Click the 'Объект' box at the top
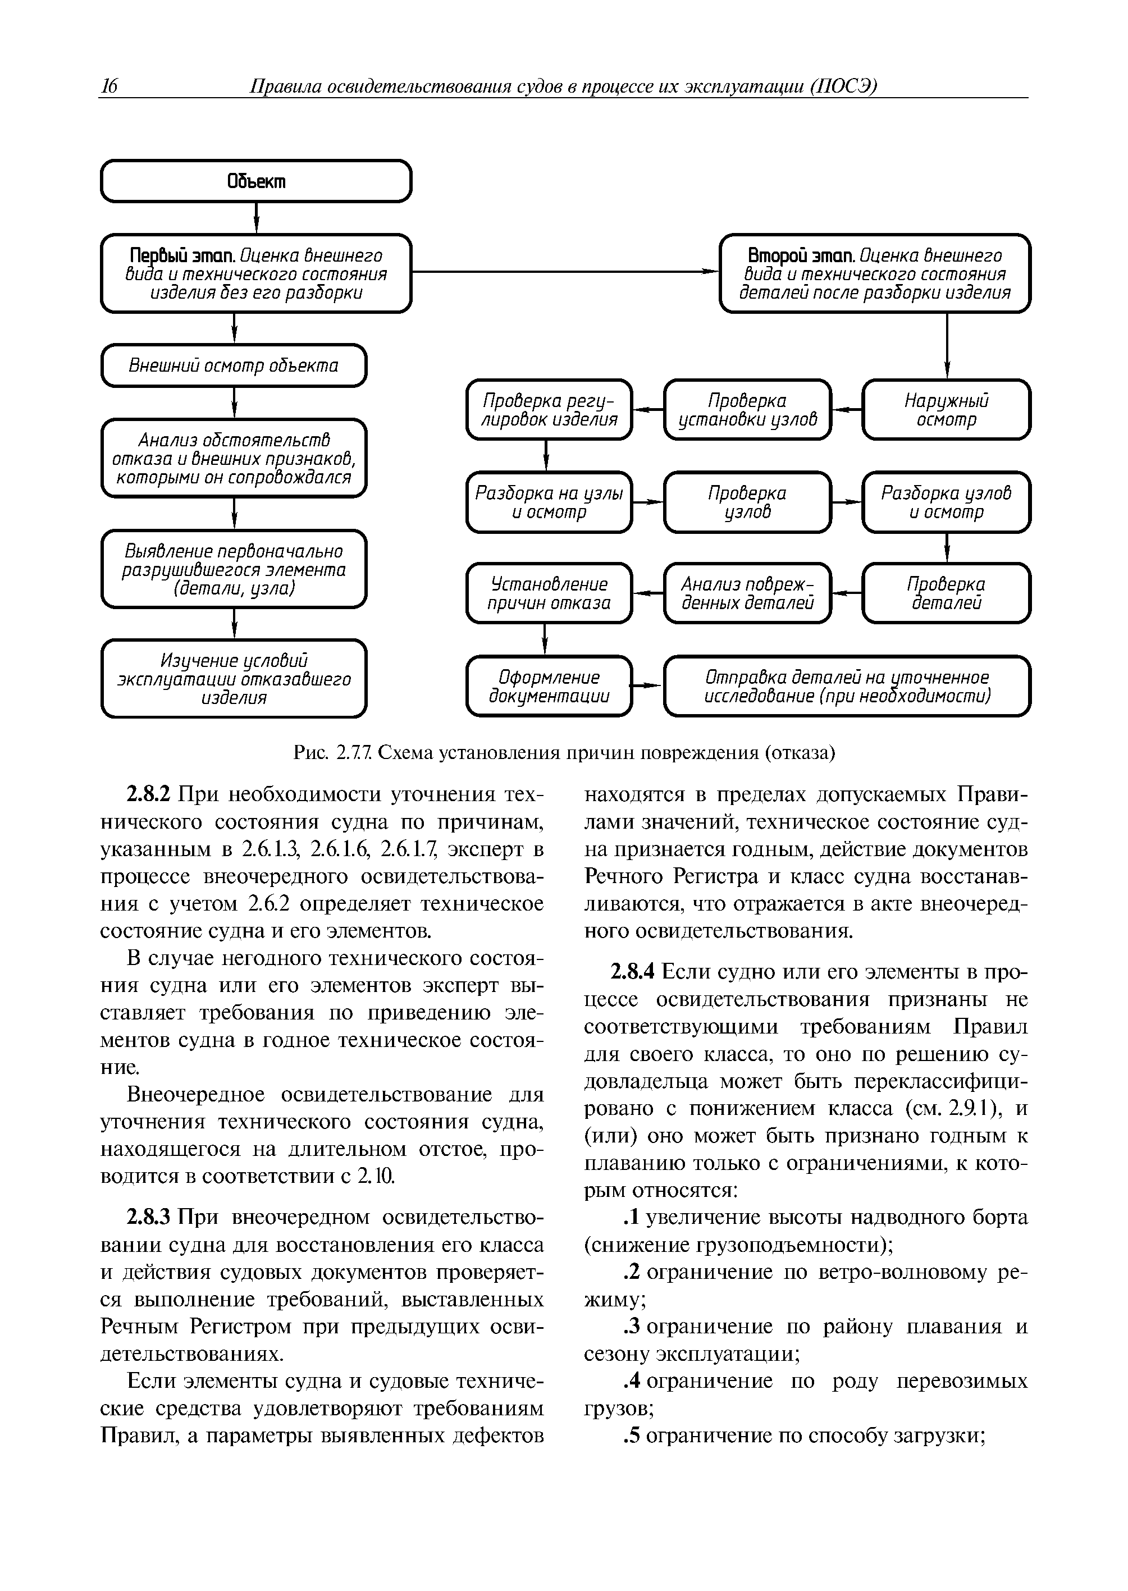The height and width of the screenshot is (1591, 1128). tap(256, 181)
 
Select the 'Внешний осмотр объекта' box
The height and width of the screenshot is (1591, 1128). tap(234, 365)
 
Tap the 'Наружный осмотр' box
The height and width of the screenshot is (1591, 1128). tap(946, 410)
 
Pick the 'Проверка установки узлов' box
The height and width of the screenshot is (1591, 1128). tap(747, 410)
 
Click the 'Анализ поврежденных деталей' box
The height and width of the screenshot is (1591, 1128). tap(747, 593)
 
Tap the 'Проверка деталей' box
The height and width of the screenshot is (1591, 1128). tap(946, 593)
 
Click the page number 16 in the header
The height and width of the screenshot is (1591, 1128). tap(109, 86)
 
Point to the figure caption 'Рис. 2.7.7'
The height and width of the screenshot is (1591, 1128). tap(334, 753)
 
